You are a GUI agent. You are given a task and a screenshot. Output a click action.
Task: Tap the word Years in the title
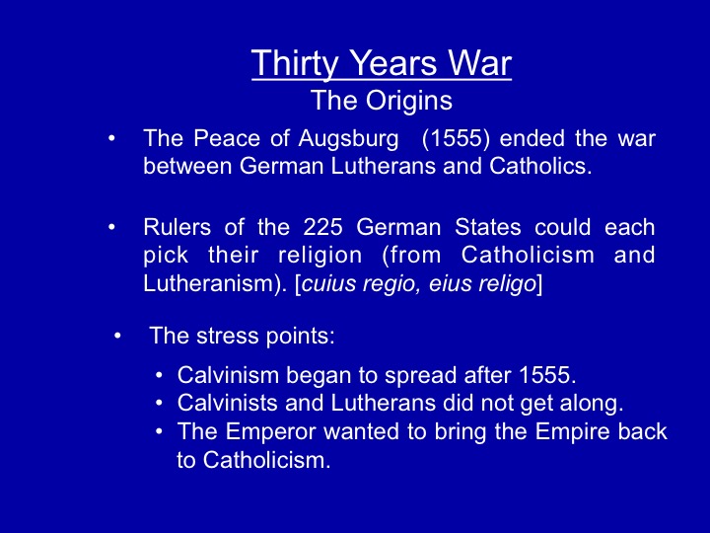[x=392, y=62]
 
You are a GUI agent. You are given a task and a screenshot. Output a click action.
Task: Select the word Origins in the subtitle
[x=409, y=102]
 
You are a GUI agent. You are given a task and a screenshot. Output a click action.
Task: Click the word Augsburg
[x=348, y=139]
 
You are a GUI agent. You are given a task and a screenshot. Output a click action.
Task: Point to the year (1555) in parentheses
[x=456, y=139]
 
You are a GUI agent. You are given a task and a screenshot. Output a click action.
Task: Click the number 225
[x=322, y=227]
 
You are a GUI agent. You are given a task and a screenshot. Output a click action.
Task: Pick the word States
[x=488, y=227]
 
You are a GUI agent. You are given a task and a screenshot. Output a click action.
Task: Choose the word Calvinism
[x=228, y=375]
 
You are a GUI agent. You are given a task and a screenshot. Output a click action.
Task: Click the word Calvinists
[x=228, y=403]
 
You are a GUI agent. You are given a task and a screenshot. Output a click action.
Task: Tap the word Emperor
[x=270, y=432]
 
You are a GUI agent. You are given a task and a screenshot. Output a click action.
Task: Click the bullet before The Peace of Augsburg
[x=111, y=138]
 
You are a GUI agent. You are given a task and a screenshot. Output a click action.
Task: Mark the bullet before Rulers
[x=111, y=227]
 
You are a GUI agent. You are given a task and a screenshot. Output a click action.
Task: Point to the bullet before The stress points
[x=117, y=336]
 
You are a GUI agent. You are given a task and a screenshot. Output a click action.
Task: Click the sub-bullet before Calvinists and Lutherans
[x=159, y=403]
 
